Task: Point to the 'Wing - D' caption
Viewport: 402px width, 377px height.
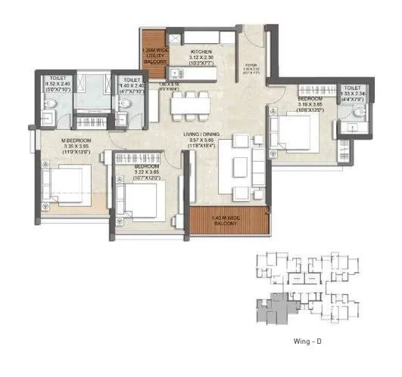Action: [x=307, y=341]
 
